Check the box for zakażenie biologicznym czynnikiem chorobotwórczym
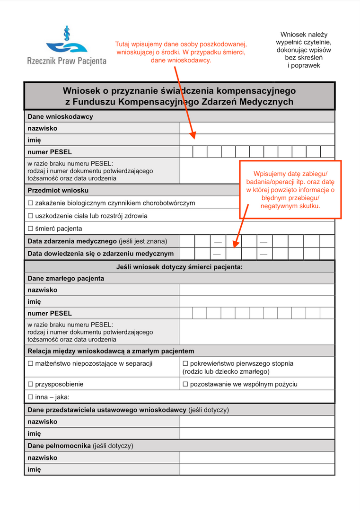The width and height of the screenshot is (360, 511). tap(31, 203)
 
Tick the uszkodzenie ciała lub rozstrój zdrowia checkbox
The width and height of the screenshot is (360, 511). tap(31, 216)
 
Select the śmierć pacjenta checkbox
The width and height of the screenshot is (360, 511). tap(31, 229)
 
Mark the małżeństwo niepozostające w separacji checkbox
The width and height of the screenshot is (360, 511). tap(31, 364)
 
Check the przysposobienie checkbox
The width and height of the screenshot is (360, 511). tap(31, 384)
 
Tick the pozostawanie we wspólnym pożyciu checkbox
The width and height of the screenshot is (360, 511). tap(185, 384)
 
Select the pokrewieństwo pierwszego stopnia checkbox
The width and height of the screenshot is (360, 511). tap(185, 364)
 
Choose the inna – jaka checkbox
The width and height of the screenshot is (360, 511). tap(31, 397)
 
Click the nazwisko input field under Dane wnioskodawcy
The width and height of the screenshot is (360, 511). tap(256, 128)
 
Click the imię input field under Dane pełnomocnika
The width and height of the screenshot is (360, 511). tap(256, 469)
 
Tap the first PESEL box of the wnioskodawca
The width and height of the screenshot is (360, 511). tap(186, 152)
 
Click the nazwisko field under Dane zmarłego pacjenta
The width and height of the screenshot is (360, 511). tap(256, 290)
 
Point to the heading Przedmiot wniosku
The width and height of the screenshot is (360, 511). tap(58, 190)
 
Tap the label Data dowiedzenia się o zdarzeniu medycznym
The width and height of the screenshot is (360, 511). tap(100, 254)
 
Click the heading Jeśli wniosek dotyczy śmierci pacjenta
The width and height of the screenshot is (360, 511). tap(179, 267)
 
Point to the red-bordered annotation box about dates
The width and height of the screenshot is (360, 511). tap(290, 189)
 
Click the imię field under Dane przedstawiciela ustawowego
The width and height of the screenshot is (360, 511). tap(256, 433)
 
